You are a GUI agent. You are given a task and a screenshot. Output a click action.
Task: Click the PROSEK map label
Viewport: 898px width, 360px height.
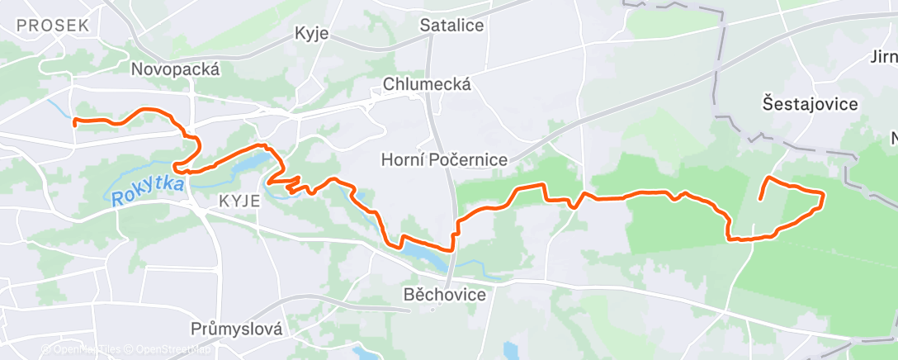click(x=52, y=26)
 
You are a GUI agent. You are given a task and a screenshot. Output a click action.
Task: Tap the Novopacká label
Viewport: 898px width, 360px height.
click(x=175, y=69)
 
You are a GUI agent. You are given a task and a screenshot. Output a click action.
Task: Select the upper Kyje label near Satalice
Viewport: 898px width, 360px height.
click(x=312, y=34)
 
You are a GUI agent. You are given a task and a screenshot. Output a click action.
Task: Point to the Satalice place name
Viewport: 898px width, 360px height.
click(x=451, y=25)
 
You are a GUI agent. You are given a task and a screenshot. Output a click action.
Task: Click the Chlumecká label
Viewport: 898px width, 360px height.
click(x=427, y=84)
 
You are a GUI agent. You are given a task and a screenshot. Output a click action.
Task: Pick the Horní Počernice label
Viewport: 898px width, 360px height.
click(x=444, y=159)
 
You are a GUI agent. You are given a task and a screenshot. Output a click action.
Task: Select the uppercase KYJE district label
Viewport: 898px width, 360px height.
click(x=240, y=201)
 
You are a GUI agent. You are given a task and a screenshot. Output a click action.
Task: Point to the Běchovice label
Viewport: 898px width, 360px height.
click(x=445, y=293)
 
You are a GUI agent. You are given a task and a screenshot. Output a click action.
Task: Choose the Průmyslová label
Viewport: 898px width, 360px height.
click(x=235, y=329)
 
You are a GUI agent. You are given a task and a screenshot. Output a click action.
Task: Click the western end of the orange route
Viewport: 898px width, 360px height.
click(x=75, y=123)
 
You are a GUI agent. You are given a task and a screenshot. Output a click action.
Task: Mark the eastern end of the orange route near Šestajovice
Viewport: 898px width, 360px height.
click(x=759, y=199)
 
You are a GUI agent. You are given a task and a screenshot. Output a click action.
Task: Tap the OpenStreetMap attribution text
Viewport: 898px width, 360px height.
click(x=170, y=349)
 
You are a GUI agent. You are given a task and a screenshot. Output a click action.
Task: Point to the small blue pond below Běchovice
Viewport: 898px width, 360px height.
click(x=508, y=348)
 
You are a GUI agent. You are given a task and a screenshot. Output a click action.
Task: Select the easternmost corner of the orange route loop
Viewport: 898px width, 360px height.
click(x=824, y=194)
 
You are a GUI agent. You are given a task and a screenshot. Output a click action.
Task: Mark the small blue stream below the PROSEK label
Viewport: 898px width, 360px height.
click(x=58, y=108)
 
